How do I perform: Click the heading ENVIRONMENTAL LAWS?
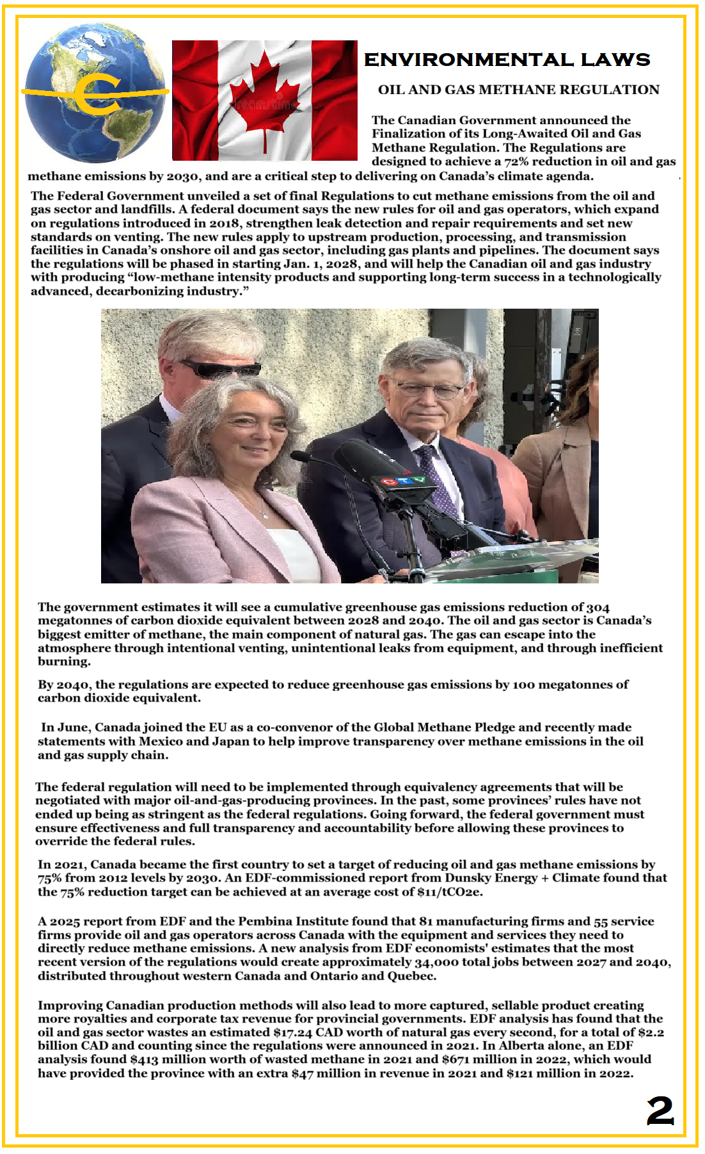(x=507, y=60)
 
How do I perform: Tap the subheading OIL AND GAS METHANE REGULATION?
(x=518, y=90)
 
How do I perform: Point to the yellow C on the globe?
(x=96, y=94)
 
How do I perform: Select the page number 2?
(x=660, y=1110)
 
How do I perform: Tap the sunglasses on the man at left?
(x=221, y=368)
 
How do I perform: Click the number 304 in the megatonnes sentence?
(x=598, y=607)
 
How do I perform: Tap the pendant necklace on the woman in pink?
(x=264, y=514)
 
